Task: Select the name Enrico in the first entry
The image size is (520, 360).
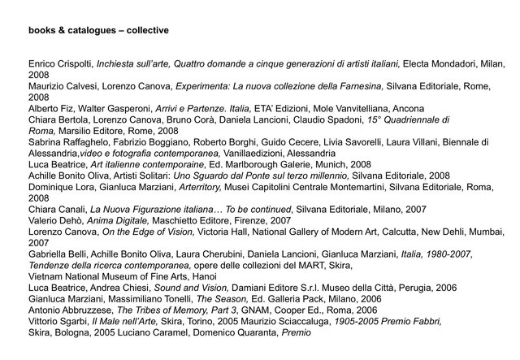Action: [42, 63]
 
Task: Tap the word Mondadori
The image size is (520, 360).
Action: [445, 63]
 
